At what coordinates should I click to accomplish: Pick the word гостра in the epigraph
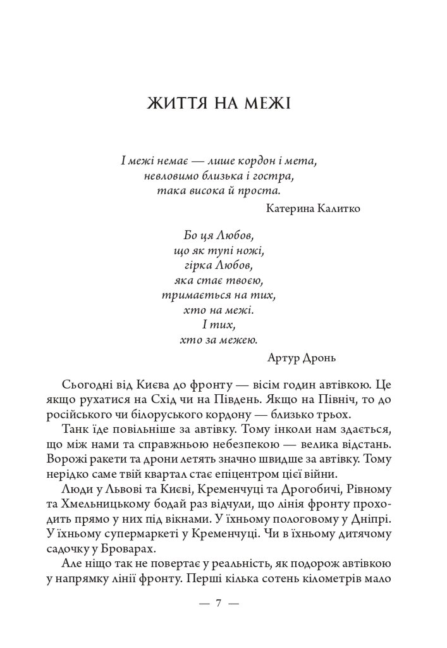[276, 174]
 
